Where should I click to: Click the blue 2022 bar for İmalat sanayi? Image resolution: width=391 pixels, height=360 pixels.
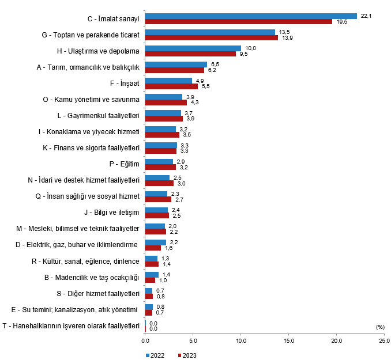(251, 16)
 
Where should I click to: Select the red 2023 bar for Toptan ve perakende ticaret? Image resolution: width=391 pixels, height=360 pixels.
(211, 38)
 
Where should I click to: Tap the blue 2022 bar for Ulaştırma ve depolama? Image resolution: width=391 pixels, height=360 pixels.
(193, 48)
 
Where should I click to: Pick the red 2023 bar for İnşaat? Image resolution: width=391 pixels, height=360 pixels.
(171, 86)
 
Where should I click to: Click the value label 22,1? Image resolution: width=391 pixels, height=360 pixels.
(366, 16)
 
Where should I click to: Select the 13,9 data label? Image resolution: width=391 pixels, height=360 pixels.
(287, 38)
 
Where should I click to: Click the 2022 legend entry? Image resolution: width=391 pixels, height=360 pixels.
(155, 354)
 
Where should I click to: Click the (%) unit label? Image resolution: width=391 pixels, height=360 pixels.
(379, 327)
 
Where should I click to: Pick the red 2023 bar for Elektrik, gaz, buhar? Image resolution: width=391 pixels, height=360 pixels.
(153, 248)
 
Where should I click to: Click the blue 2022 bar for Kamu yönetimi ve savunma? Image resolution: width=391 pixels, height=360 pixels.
(163, 97)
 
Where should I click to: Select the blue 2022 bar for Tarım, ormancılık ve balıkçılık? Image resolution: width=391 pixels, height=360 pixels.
(176, 65)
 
